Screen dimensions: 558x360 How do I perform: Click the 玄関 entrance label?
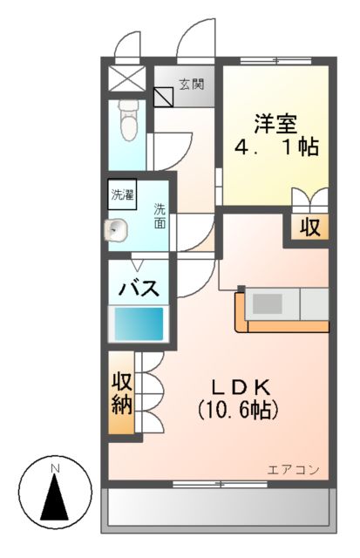(x=192, y=85)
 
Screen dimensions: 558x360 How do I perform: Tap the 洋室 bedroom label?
(x=275, y=121)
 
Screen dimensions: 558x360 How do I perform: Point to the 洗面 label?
(x=160, y=215)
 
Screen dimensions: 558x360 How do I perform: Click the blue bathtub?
(x=139, y=324)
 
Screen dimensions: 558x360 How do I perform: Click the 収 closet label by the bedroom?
(x=310, y=228)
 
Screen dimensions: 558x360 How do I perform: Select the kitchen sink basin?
(x=268, y=304)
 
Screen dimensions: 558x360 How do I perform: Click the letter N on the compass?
(x=55, y=469)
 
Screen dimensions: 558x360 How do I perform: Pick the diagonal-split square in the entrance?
(x=164, y=96)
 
